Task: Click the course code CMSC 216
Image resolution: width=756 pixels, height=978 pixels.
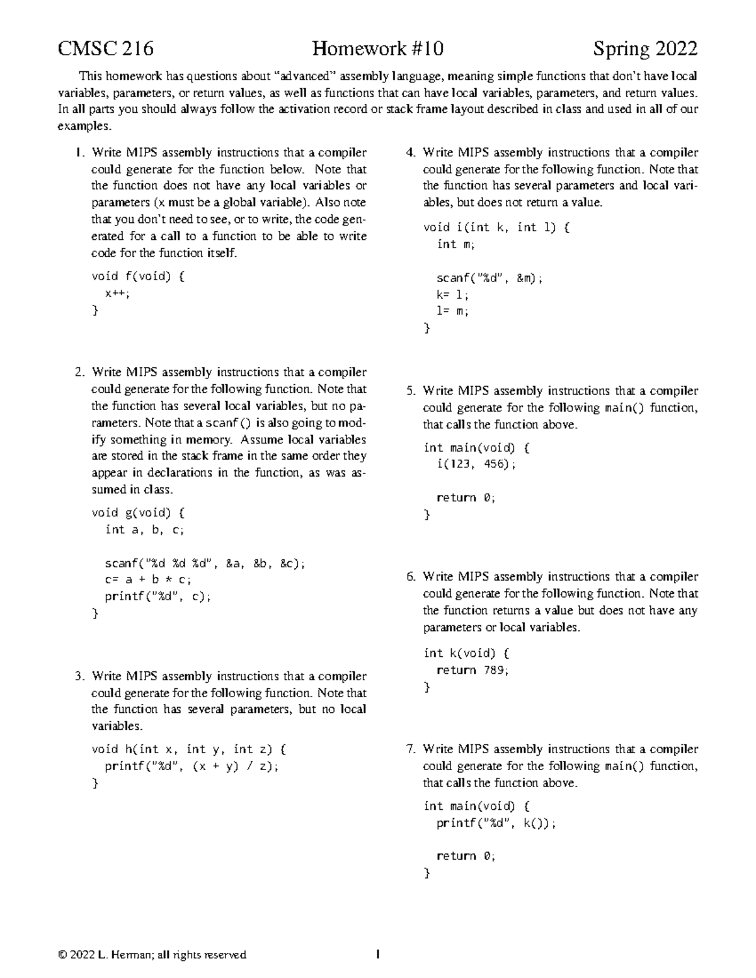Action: click(x=105, y=49)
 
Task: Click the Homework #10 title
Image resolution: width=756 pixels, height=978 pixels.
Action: click(x=378, y=49)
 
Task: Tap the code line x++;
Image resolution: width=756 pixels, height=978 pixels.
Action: click(x=118, y=293)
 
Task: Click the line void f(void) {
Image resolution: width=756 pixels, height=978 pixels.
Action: click(x=138, y=276)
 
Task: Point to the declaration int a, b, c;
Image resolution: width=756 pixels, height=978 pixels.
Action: click(x=144, y=530)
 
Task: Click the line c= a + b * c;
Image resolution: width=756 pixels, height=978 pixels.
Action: click(x=148, y=579)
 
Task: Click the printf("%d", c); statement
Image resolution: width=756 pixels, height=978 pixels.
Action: click(x=157, y=596)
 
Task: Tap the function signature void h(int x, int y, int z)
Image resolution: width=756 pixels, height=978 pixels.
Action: click(x=189, y=749)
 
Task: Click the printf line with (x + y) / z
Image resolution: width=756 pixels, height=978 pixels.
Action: click(x=191, y=766)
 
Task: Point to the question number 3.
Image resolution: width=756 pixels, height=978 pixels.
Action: click(x=79, y=676)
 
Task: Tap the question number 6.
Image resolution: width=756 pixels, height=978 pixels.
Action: click(x=411, y=577)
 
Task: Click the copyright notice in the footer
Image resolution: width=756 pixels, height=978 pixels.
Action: click(x=152, y=955)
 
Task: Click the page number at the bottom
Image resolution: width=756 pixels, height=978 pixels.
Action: click(x=377, y=955)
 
